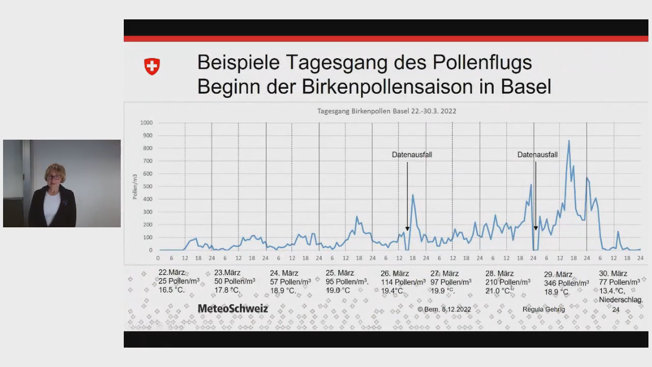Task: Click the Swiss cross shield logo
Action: click(x=152, y=66)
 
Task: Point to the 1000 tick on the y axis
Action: click(x=147, y=123)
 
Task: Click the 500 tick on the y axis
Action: click(x=147, y=187)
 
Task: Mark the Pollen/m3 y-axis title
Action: click(x=135, y=186)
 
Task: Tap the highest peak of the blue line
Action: click(x=568, y=141)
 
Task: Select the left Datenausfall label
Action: click(x=412, y=154)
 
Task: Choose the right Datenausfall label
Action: click(x=537, y=154)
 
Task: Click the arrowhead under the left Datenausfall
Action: click(x=407, y=229)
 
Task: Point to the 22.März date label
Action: click(x=172, y=273)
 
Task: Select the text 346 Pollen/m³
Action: click(x=566, y=283)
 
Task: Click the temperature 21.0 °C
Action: click(x=497, y=291)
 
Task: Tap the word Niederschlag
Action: click(x=620, y=300)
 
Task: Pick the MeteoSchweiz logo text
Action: click(x=233, y=308)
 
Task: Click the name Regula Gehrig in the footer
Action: click(x=544, y=309)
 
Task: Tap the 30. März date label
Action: click(x=613, y=273)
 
